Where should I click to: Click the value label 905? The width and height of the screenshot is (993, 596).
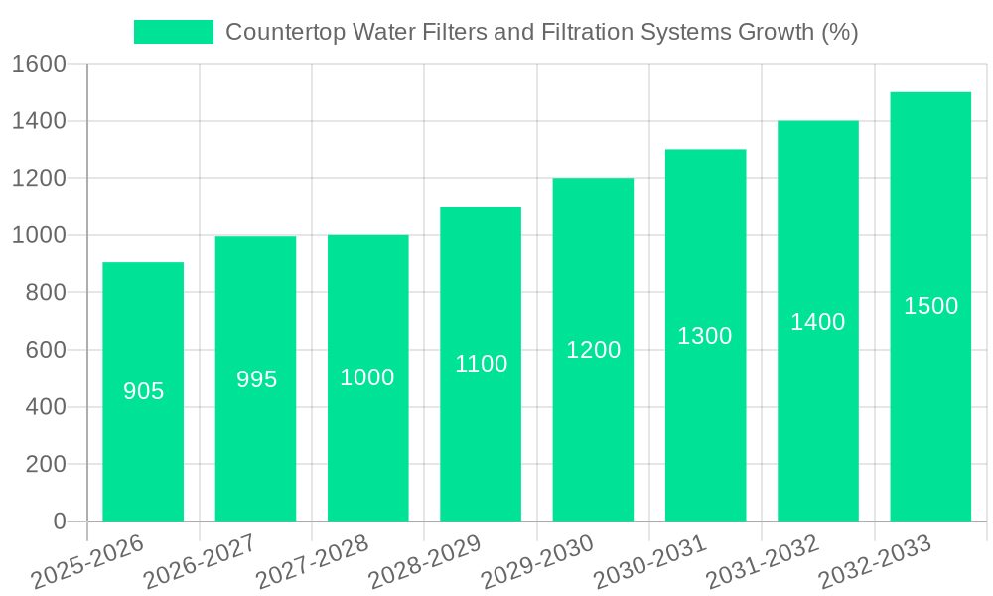143,392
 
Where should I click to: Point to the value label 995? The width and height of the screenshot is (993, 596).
256,379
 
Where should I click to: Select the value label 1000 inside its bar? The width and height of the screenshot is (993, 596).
367,377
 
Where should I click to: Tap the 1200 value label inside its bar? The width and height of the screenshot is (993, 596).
593,350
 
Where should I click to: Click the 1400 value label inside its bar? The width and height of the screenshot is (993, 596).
817,322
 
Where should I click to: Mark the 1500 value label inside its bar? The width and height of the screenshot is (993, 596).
930,306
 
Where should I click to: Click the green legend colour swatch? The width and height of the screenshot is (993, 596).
174,32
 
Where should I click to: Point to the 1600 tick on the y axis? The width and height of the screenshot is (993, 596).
39,65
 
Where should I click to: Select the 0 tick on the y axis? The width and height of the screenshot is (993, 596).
59,521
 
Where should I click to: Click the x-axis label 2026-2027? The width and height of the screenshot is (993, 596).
200,562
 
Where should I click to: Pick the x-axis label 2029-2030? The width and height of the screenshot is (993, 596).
537,562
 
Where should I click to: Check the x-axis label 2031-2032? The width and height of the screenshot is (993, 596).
762,562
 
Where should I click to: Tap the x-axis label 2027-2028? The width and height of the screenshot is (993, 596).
312,562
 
